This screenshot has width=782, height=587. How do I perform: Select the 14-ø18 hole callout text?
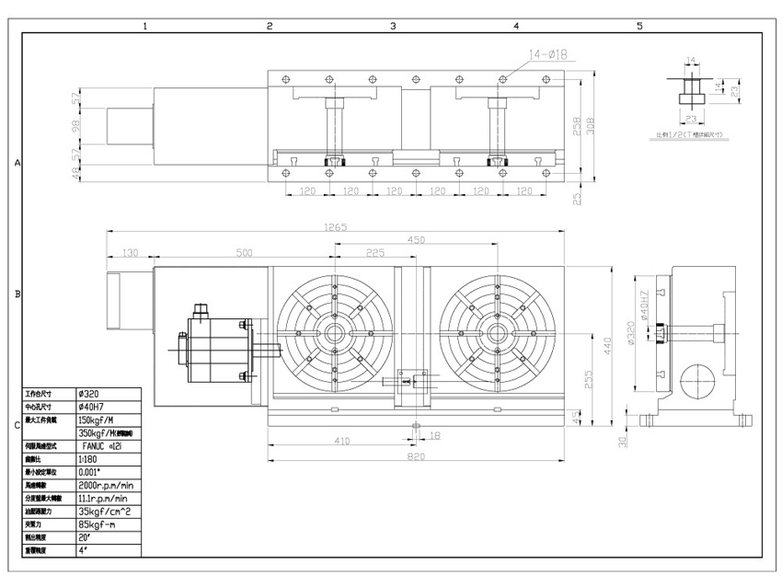click(549, 53)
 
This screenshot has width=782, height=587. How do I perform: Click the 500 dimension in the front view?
click(243, 252)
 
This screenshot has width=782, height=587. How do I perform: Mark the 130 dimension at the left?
click(130, 252)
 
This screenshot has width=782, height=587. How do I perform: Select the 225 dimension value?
click(374, 252)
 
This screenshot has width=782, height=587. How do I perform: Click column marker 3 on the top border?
click(393, 26)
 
